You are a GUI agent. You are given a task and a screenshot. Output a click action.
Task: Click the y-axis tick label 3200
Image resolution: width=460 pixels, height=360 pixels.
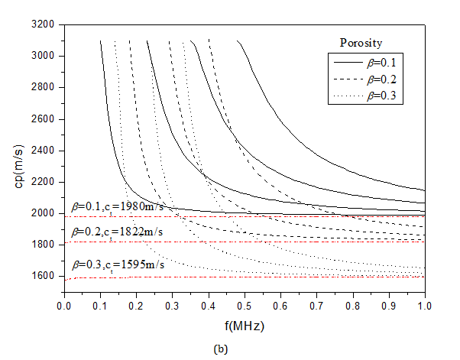[43, 24]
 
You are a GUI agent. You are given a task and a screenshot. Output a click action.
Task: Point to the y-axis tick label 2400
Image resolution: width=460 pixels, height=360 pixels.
[43, 151]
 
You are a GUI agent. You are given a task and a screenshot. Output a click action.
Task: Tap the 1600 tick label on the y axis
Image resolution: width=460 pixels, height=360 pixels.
[43, 276]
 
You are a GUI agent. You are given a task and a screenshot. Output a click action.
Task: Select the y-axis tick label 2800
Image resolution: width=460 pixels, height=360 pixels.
[43, 87]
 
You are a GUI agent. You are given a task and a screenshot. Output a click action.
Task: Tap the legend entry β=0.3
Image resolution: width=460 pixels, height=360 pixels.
[384, 96]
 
